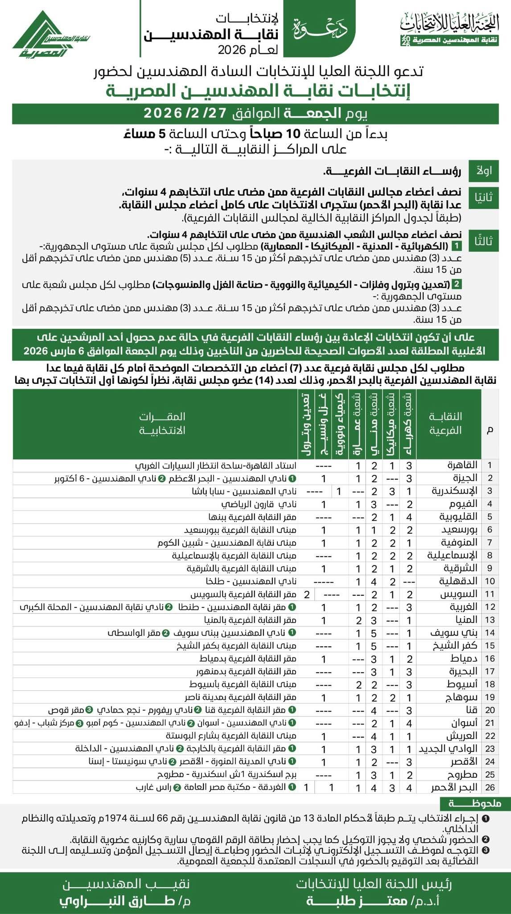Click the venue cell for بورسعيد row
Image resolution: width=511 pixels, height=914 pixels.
(x=241, y=530)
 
